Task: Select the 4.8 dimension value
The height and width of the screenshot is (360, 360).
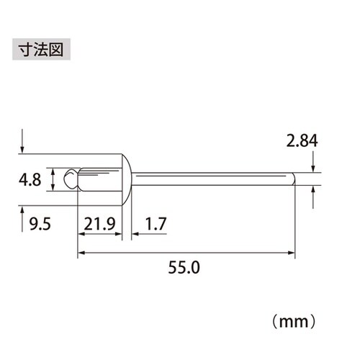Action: click(32, 179)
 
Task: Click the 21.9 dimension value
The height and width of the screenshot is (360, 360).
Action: click(99, 225)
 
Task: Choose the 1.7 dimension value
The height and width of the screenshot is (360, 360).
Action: click(154, 225)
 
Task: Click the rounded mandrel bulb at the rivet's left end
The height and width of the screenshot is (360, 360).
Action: click(69, 179)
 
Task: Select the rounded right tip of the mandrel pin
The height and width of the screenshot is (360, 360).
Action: click(292, 179)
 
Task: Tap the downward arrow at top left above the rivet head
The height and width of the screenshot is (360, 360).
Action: click(24, 144)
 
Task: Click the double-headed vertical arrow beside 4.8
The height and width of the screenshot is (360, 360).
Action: click(53, 179)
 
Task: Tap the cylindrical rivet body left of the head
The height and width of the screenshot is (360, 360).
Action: click(98, 179)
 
